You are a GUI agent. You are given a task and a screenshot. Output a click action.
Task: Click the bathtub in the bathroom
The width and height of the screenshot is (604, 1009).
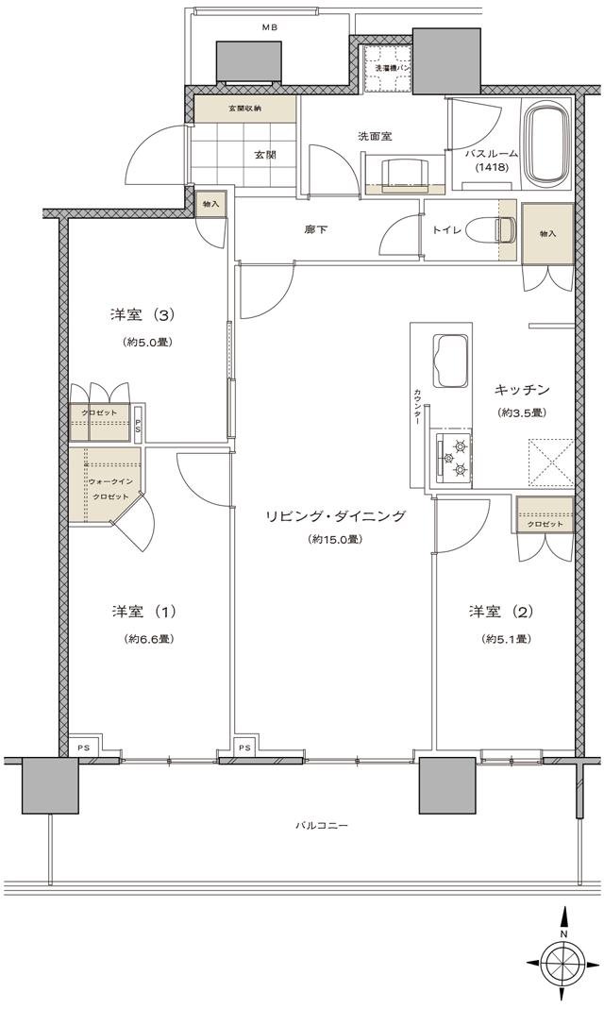click(545, 146)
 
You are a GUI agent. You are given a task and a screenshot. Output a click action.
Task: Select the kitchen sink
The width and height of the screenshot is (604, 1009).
click(450, 362)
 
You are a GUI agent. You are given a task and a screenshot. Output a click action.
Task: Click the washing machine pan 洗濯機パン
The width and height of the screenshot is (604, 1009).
click(387, 68)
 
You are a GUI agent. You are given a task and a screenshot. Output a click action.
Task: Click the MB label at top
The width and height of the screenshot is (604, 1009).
click(270, 26)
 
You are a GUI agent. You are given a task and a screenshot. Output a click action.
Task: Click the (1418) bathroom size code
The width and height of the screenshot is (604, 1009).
click(492, 168)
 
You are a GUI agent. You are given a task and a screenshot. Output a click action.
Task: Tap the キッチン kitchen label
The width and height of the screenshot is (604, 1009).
click(522, 389)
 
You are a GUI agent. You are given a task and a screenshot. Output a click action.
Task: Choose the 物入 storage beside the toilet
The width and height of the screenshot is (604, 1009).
click(547, 233)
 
